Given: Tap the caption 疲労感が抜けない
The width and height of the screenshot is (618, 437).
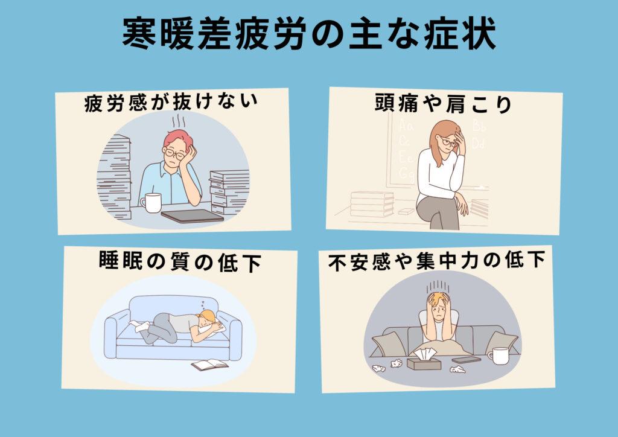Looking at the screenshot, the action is click(x=171, y=103).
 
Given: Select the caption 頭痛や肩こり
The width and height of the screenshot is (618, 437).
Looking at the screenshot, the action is click(x=443, y=104).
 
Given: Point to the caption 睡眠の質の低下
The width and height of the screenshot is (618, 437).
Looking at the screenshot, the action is click(x=180, y=262).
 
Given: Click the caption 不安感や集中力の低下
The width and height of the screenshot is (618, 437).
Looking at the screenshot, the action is click(x=437, y=261).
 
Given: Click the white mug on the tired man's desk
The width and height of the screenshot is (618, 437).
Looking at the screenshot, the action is click(x=151, y=203).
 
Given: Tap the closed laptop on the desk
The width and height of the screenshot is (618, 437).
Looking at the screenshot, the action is click(x=193, y=216).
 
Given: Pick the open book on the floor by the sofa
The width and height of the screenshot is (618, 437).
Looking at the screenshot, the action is click(x=209, y=365).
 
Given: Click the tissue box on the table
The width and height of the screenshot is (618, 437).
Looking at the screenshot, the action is click(x=424, y=360).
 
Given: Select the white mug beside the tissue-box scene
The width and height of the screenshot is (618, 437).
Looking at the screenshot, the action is click(x=498, y=356).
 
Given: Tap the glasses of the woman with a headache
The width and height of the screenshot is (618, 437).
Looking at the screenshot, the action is click(x=450, y=141).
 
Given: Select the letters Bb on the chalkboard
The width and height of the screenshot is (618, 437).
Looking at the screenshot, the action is click(x=479, y=126).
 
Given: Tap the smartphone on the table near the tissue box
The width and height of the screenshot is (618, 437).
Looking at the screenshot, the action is click(x=466, y=360).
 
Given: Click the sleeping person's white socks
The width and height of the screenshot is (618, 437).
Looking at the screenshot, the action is click(x=140, y=326).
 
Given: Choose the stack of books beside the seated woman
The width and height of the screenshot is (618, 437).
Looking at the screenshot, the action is click(x=372, y=204).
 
